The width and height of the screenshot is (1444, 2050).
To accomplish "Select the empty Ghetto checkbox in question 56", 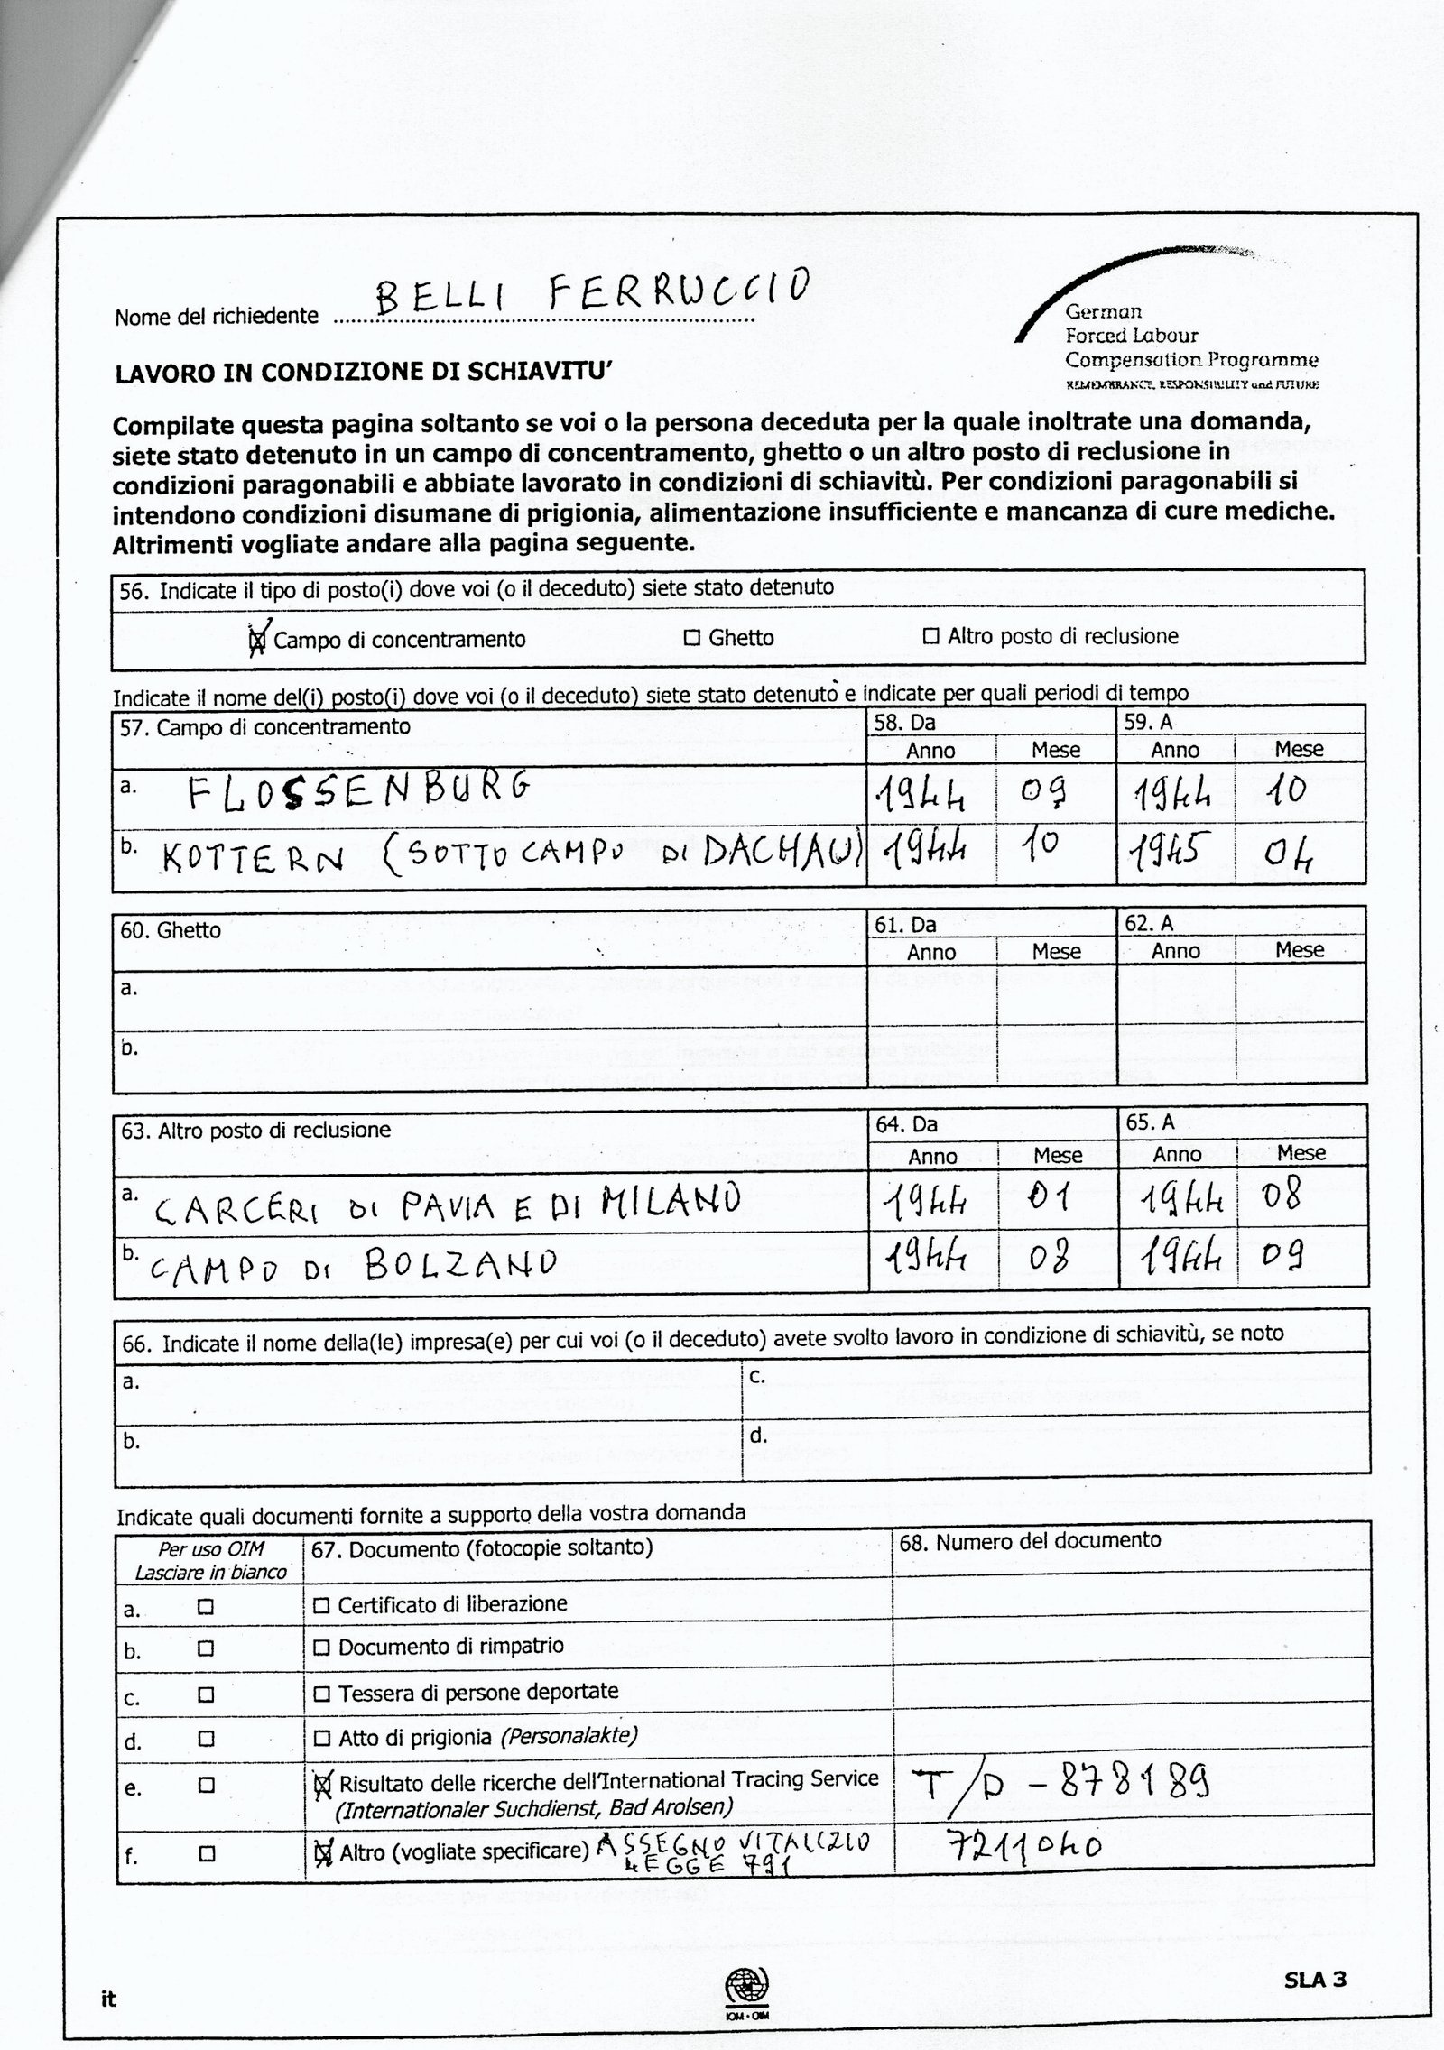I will [692, 638].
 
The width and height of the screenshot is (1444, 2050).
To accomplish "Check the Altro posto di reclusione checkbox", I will [930, 637].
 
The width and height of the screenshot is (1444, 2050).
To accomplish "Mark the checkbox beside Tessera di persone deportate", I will [321, 1694].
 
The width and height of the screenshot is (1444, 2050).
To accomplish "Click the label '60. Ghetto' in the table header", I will [171, 930].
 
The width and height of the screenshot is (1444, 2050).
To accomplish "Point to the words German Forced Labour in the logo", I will [1132, 324].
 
